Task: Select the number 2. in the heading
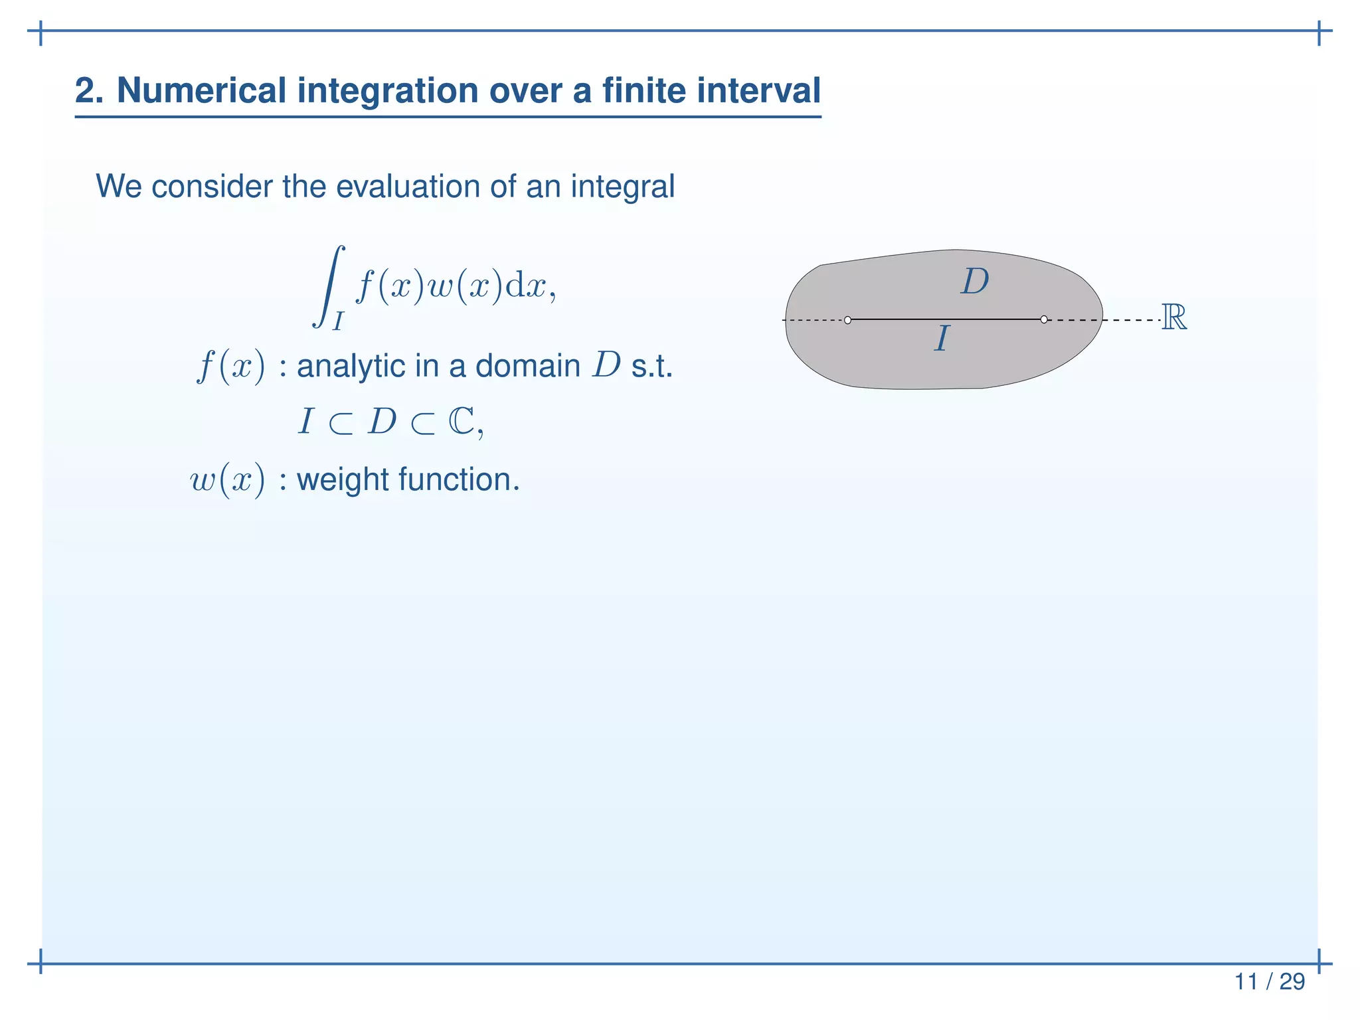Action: [x=89, y=90]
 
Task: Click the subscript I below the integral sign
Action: [x=338, y=321]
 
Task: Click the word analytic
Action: [x=350, y=366]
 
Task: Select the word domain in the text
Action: [x=528, y=366]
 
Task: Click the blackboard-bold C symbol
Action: [x=462, y=421]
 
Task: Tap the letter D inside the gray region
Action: [x=974, y=282]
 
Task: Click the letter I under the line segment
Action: [x=941, y=339]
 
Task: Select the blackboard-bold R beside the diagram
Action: [x=1173, y=317]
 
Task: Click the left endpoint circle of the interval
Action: [x=847, y=320]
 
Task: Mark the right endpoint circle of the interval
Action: [x=1044, y=319]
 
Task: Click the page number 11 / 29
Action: [x=1269, y=981]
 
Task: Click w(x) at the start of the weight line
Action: [x=228, y=479]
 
